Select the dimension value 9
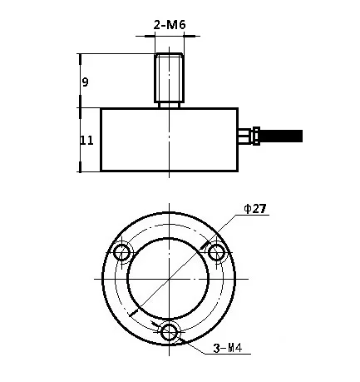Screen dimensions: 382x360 [x=85, y=82]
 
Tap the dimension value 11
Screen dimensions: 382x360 [x=86, y=141]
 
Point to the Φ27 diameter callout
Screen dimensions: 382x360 [x=254, y=209]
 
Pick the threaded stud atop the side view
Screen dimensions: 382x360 [x=169, y=76]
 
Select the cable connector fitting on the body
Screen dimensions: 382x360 [x=248, y=134]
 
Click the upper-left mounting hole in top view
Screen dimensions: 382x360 [x=123, y=251]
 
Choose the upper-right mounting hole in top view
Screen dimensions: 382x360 [x=216, y=251]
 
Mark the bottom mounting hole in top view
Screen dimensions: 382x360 [x=170, y=332]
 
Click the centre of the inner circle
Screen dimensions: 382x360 [x=170, y=279]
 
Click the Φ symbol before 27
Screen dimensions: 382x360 [x=247, y=209]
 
